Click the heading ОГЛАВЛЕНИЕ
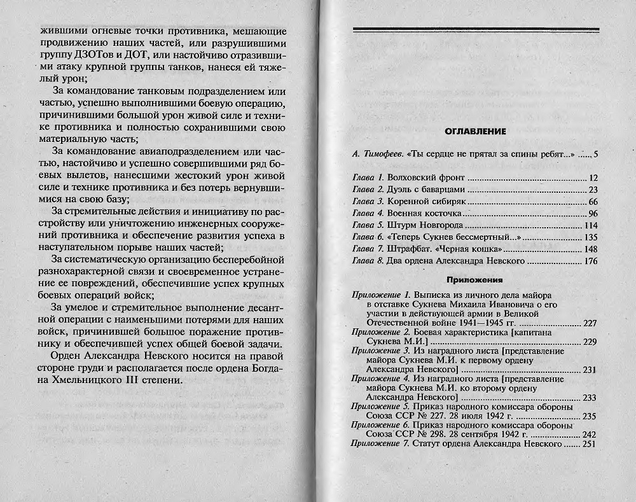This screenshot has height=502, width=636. tap(474, 132)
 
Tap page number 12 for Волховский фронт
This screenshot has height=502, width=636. tap(593, 178)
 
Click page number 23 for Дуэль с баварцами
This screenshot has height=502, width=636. tap(593, 190)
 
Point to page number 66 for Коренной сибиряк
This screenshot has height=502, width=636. tap(593, 202)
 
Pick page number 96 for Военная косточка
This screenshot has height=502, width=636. tap(593, 213)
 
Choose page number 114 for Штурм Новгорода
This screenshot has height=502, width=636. tap(591, 225)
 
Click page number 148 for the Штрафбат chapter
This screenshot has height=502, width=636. tap(591, 249)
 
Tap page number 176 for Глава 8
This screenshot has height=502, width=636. tap(591, 261)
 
